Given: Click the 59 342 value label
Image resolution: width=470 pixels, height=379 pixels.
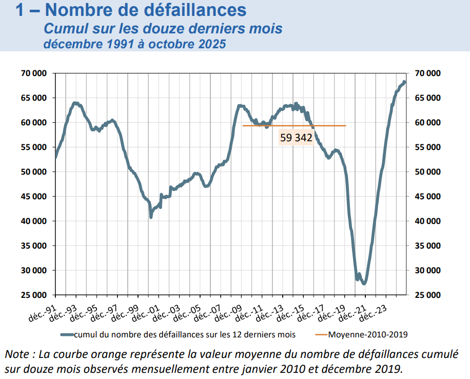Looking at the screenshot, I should pyautogui.click(x=296, y=138).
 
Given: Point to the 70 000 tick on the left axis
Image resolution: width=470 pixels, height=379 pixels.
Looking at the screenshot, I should pyautogui.click(x=34, y=73).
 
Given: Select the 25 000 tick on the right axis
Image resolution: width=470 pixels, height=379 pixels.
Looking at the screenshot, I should pyautogui.click(x=427, y=295).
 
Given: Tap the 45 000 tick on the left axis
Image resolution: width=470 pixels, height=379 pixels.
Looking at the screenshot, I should pyautogui.click(x=34, y=197).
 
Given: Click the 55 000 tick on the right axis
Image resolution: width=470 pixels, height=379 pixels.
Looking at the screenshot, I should pyautogui.click(x=427, y=147).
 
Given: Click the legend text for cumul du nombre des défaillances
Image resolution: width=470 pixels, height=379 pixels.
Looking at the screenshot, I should pyautogui.click(x=185, y=335).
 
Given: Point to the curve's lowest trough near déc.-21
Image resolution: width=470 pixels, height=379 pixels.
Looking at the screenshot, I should pyautogui.click(x=364, y=283).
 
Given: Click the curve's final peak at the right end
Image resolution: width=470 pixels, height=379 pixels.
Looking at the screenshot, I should pyautogui.click(x=404, y=82).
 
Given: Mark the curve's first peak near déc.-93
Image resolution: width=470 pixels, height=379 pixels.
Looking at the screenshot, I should pyautogui.click(x=75, y=103).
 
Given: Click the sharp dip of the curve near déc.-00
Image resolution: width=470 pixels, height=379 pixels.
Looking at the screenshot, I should pyautogui.click(x=151, y=217).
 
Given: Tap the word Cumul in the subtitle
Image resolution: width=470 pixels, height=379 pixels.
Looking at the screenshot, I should pyautogui.click(x=63, y=29).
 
